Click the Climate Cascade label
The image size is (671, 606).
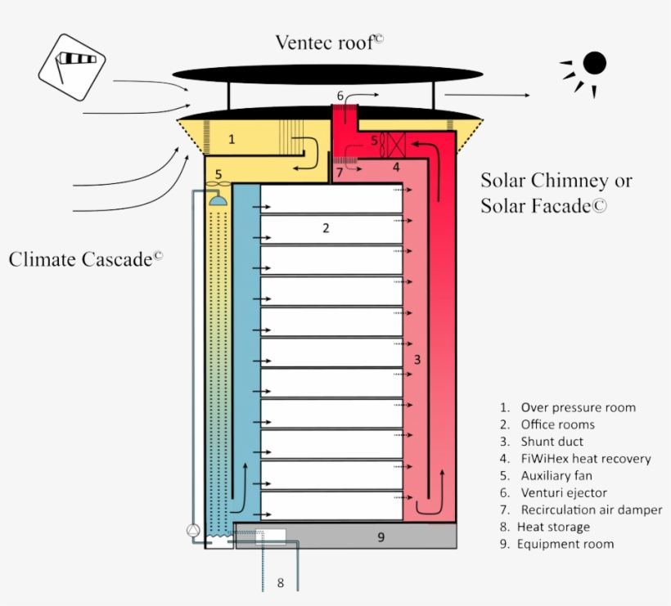[86, 259]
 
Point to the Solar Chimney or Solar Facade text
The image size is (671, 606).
[556, 193]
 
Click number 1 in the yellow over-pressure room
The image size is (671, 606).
[232, 140]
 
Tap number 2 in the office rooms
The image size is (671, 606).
[326, 228]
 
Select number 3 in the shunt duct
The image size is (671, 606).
[417, 359]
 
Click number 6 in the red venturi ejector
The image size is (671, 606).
[340, 97]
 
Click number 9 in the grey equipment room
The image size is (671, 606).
[381, 536]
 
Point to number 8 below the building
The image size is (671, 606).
[280, 583]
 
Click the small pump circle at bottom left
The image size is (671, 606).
[193, 530]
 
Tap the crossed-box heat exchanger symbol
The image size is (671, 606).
[395, 146]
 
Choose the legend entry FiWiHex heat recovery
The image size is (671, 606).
[585, 459]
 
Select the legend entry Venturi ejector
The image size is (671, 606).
[564, 493]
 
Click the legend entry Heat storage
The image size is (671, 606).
[554, 527]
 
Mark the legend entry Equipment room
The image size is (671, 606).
[565, 544]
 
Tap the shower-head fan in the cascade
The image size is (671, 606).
[218, 196]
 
